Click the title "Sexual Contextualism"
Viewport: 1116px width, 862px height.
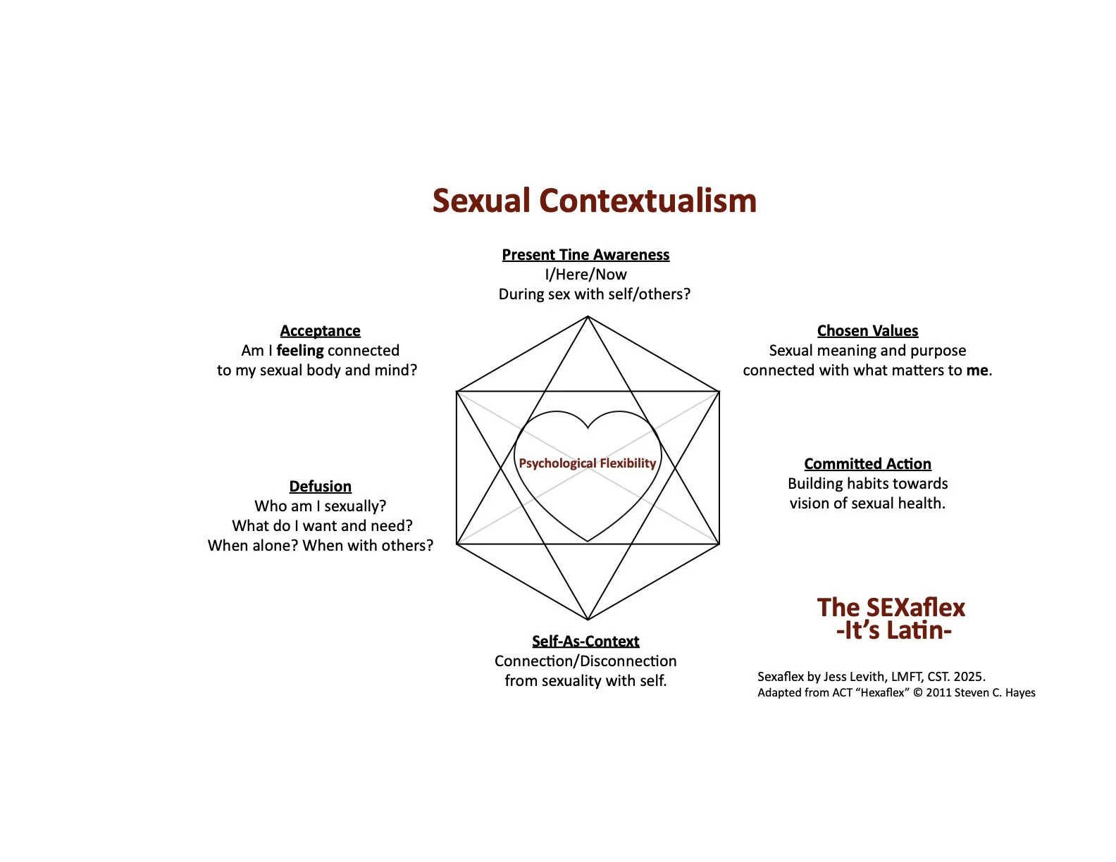point(594,201)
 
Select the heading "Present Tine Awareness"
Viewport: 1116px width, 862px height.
point(585,255)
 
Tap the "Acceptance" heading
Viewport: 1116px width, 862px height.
point(320,331)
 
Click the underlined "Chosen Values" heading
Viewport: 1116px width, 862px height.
point(867,331)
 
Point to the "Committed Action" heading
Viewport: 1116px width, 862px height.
point(867,464)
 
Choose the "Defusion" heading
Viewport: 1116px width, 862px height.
point(320,487)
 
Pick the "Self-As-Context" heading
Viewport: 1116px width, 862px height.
point(585,642)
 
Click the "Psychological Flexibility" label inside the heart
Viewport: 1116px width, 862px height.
point(587,463)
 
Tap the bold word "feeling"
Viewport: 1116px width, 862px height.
point(300,351)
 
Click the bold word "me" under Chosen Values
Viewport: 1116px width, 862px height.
point(977,370)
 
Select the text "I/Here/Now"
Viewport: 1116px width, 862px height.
point(585,275)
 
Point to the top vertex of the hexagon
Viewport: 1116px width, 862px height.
point(588,317)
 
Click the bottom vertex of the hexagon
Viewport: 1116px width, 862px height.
point(588,620)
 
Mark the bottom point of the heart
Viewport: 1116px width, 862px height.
point(588,542)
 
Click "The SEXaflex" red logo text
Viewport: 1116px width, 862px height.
point(891,608)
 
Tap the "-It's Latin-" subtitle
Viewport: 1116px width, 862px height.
point(893,630)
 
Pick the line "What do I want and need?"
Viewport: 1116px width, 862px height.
point(322,526)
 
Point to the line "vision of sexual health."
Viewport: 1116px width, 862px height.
point(867,504)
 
